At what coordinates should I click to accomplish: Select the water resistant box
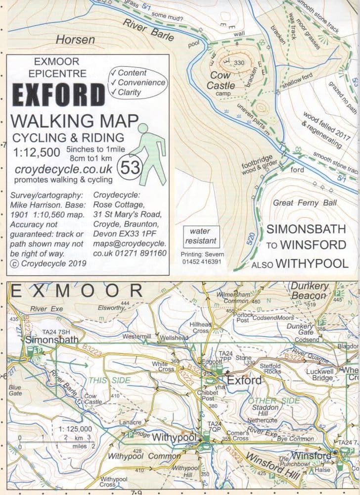[x=200, y=236]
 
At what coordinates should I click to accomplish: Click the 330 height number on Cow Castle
[x=239, y=63]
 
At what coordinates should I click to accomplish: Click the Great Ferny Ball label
[x=305, y=202]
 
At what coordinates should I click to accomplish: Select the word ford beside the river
[x=298, y=170]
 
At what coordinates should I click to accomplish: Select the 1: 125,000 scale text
[x=75, y=429]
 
